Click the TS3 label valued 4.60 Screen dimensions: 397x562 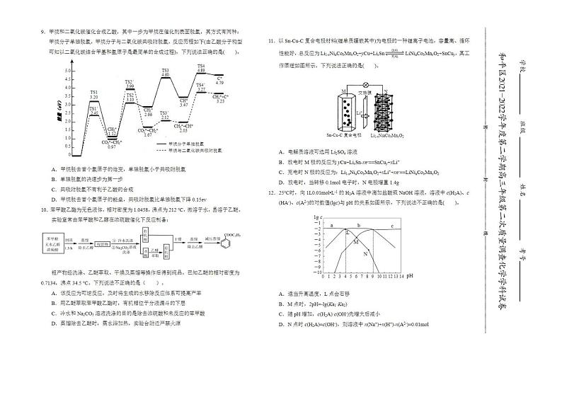click(x=165, y=73)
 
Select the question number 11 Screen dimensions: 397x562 click(x=271, y=40)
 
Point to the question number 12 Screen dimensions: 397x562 click(x=271, y=192)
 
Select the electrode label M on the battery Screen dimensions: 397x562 click(x=343, y=92)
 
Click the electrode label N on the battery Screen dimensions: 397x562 click(x=387, y=92)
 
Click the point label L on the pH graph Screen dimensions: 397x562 click(x=347, y=231)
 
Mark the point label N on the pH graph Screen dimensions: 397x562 click(x=365, y=253)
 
